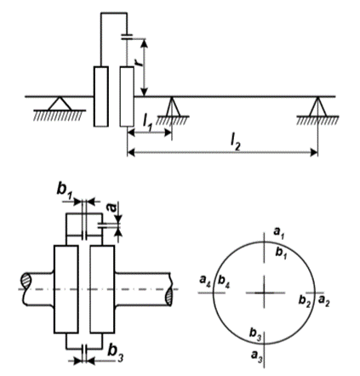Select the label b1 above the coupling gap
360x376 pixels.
[x=64, y=190]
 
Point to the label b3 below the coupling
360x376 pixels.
[x=116, y=352]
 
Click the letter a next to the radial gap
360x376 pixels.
[x=112, y=208]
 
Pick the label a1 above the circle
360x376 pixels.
[x=279, y=232]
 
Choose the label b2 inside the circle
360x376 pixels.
[x=305, y=301]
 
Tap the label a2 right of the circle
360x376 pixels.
[x=323, y=301]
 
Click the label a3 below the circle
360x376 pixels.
[x=257, y=355]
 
